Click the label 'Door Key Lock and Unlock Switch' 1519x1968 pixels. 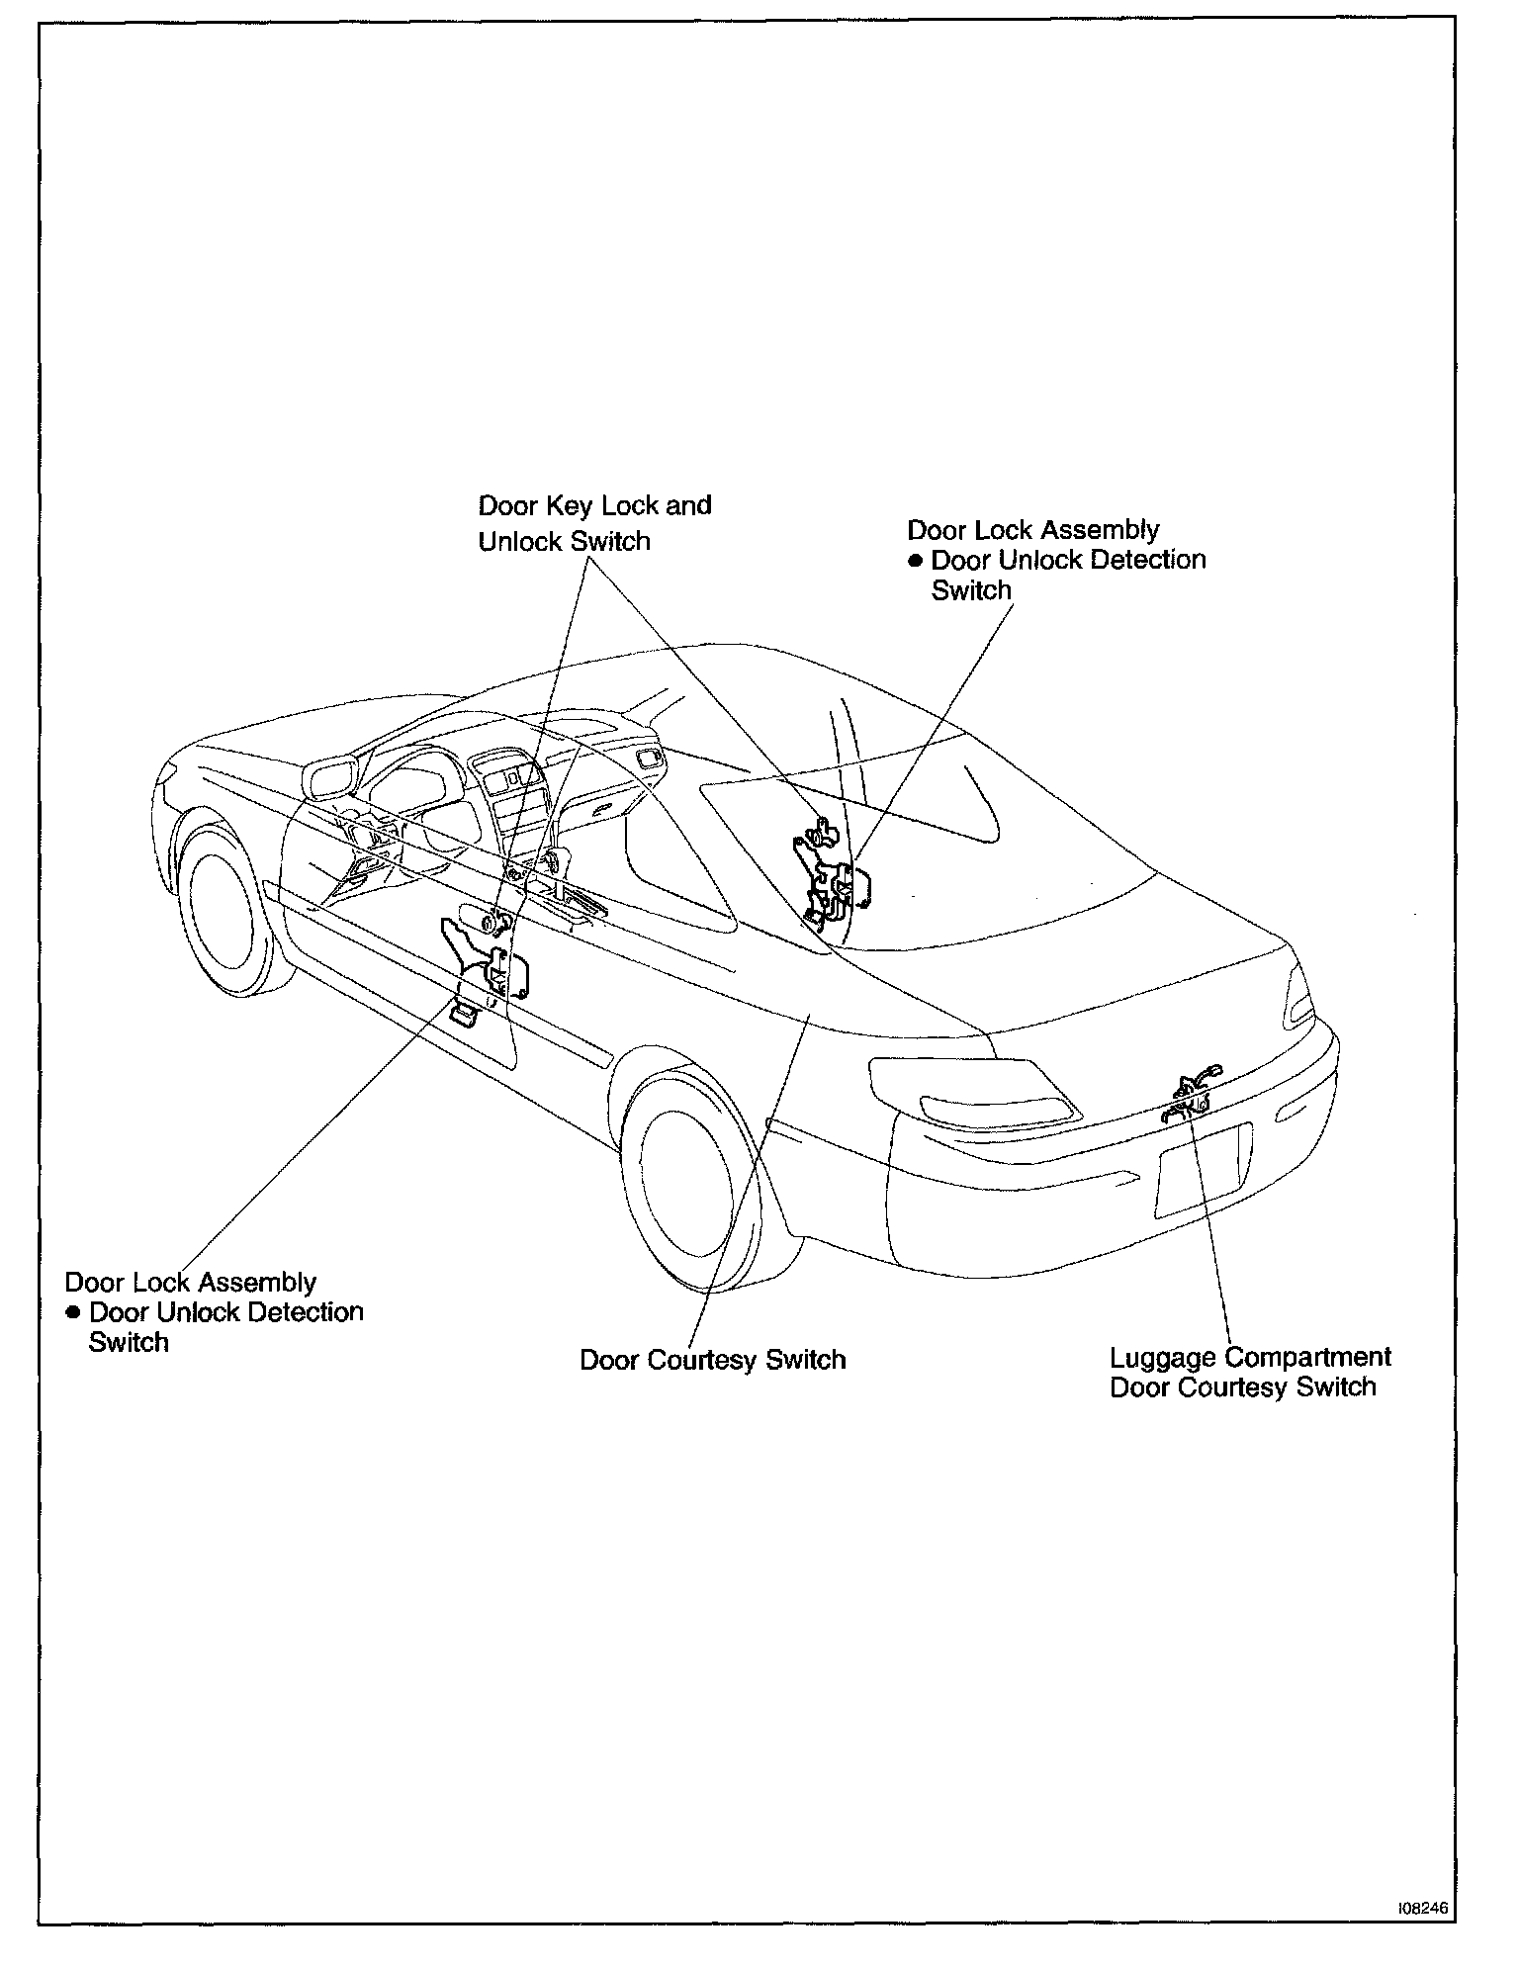coord(594,523)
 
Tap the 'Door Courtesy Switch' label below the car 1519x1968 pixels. coord(712,1360)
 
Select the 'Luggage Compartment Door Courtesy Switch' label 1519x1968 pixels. coord(1249,1372)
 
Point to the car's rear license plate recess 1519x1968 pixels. coord(1202,1172)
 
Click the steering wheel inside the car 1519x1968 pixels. coord(415,791)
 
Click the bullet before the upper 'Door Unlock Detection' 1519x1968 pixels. coord(916,561)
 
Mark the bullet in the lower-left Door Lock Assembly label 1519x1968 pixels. coord(73,1313)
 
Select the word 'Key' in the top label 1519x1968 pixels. coord(573,505)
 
